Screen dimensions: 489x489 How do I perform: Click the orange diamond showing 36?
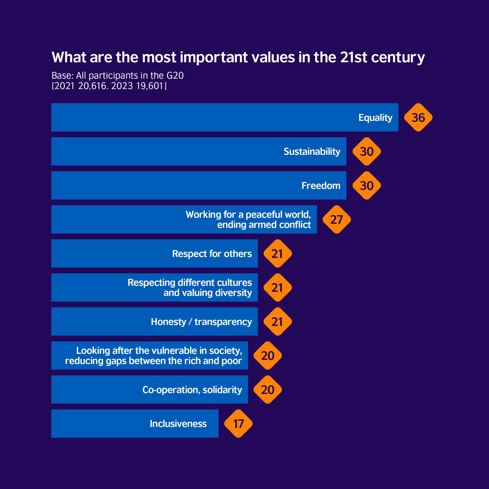[x=418, y=117]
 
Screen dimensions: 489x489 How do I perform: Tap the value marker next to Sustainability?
[x=367, y=151]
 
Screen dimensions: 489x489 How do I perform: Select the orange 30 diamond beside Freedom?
[x=367, y=185]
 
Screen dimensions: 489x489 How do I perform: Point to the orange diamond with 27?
[x=337, y=219]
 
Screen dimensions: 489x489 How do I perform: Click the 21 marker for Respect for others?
[x=277, y=253]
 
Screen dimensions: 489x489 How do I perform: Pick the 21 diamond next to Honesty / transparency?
[x=277, y=322]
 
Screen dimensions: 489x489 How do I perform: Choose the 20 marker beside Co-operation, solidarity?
[x=268, y=390]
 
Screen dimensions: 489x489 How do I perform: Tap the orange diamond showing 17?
[x=238, y=423]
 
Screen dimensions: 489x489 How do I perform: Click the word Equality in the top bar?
[x=375, y=117]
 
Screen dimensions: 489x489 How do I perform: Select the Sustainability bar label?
[x=312, y=151]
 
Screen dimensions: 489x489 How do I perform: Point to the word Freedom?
[x=321, y=185]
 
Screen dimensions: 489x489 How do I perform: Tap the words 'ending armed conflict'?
[x=264, y=225]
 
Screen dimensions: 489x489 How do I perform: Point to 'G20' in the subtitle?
[x=175, y=75]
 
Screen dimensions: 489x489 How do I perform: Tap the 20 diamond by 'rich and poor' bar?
[x=268, y=355]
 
